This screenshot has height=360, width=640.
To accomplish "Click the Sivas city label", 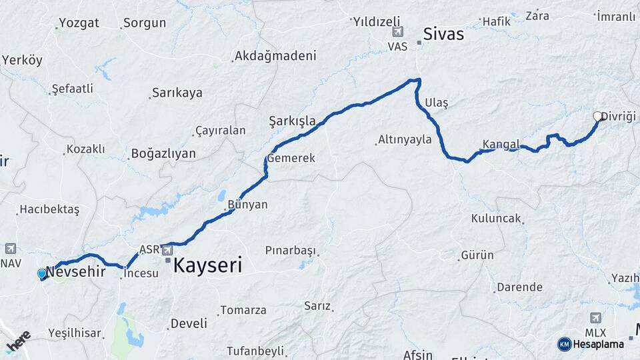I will point(443,34).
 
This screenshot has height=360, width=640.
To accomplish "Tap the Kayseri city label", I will point(207,265).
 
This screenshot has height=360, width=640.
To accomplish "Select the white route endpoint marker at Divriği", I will point(598,116).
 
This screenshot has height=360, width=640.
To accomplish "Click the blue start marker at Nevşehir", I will point(42,273).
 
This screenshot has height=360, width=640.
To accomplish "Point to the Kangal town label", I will point(501,144).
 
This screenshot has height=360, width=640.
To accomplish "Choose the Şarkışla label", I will point(292,121).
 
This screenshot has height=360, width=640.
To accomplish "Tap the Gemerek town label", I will point(291,159).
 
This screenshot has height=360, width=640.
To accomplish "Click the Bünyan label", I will point(247,205).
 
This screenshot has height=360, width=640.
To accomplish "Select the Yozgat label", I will point(79,23).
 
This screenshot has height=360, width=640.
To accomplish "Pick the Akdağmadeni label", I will point(275,56).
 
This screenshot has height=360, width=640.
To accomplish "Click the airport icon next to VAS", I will point(398,31).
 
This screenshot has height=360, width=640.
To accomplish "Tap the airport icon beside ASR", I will point(167,250).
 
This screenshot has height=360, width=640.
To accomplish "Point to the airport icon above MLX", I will point(595,317).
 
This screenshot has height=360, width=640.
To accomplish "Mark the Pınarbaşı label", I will point(289,251).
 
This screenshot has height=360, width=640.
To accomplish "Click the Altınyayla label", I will point(405,140).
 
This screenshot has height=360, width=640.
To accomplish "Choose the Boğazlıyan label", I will point(163,154).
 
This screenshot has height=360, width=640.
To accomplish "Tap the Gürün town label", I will point(477,255).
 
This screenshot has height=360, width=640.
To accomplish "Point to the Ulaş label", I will point(436,103).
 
